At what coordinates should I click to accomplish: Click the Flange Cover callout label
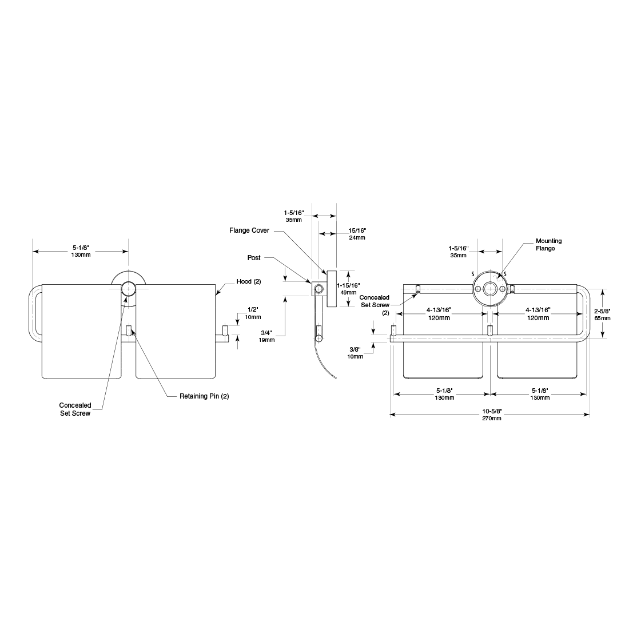pos(249,230)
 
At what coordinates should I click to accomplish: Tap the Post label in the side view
pos(254,258)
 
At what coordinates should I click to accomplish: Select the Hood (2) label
pos(249,281)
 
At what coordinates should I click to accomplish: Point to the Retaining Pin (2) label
pos(204,396)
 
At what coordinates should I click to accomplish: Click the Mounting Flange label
pos(548,245)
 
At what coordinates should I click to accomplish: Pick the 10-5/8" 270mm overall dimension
pos(492,415)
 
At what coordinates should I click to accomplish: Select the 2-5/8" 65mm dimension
pos(602,314)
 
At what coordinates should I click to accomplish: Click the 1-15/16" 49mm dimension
pos(348,289)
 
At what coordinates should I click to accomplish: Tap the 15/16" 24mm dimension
pos(357,234)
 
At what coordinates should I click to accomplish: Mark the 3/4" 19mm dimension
pos(267,336)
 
